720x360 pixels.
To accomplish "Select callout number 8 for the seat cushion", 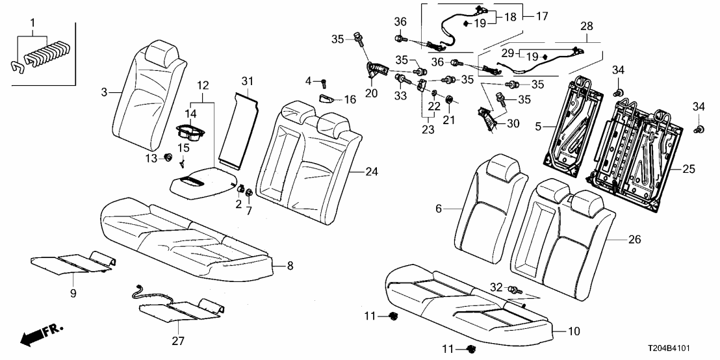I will pos(289,266).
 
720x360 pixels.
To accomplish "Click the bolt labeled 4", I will pos(323,82).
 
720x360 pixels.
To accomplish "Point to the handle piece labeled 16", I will pos(328,99).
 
